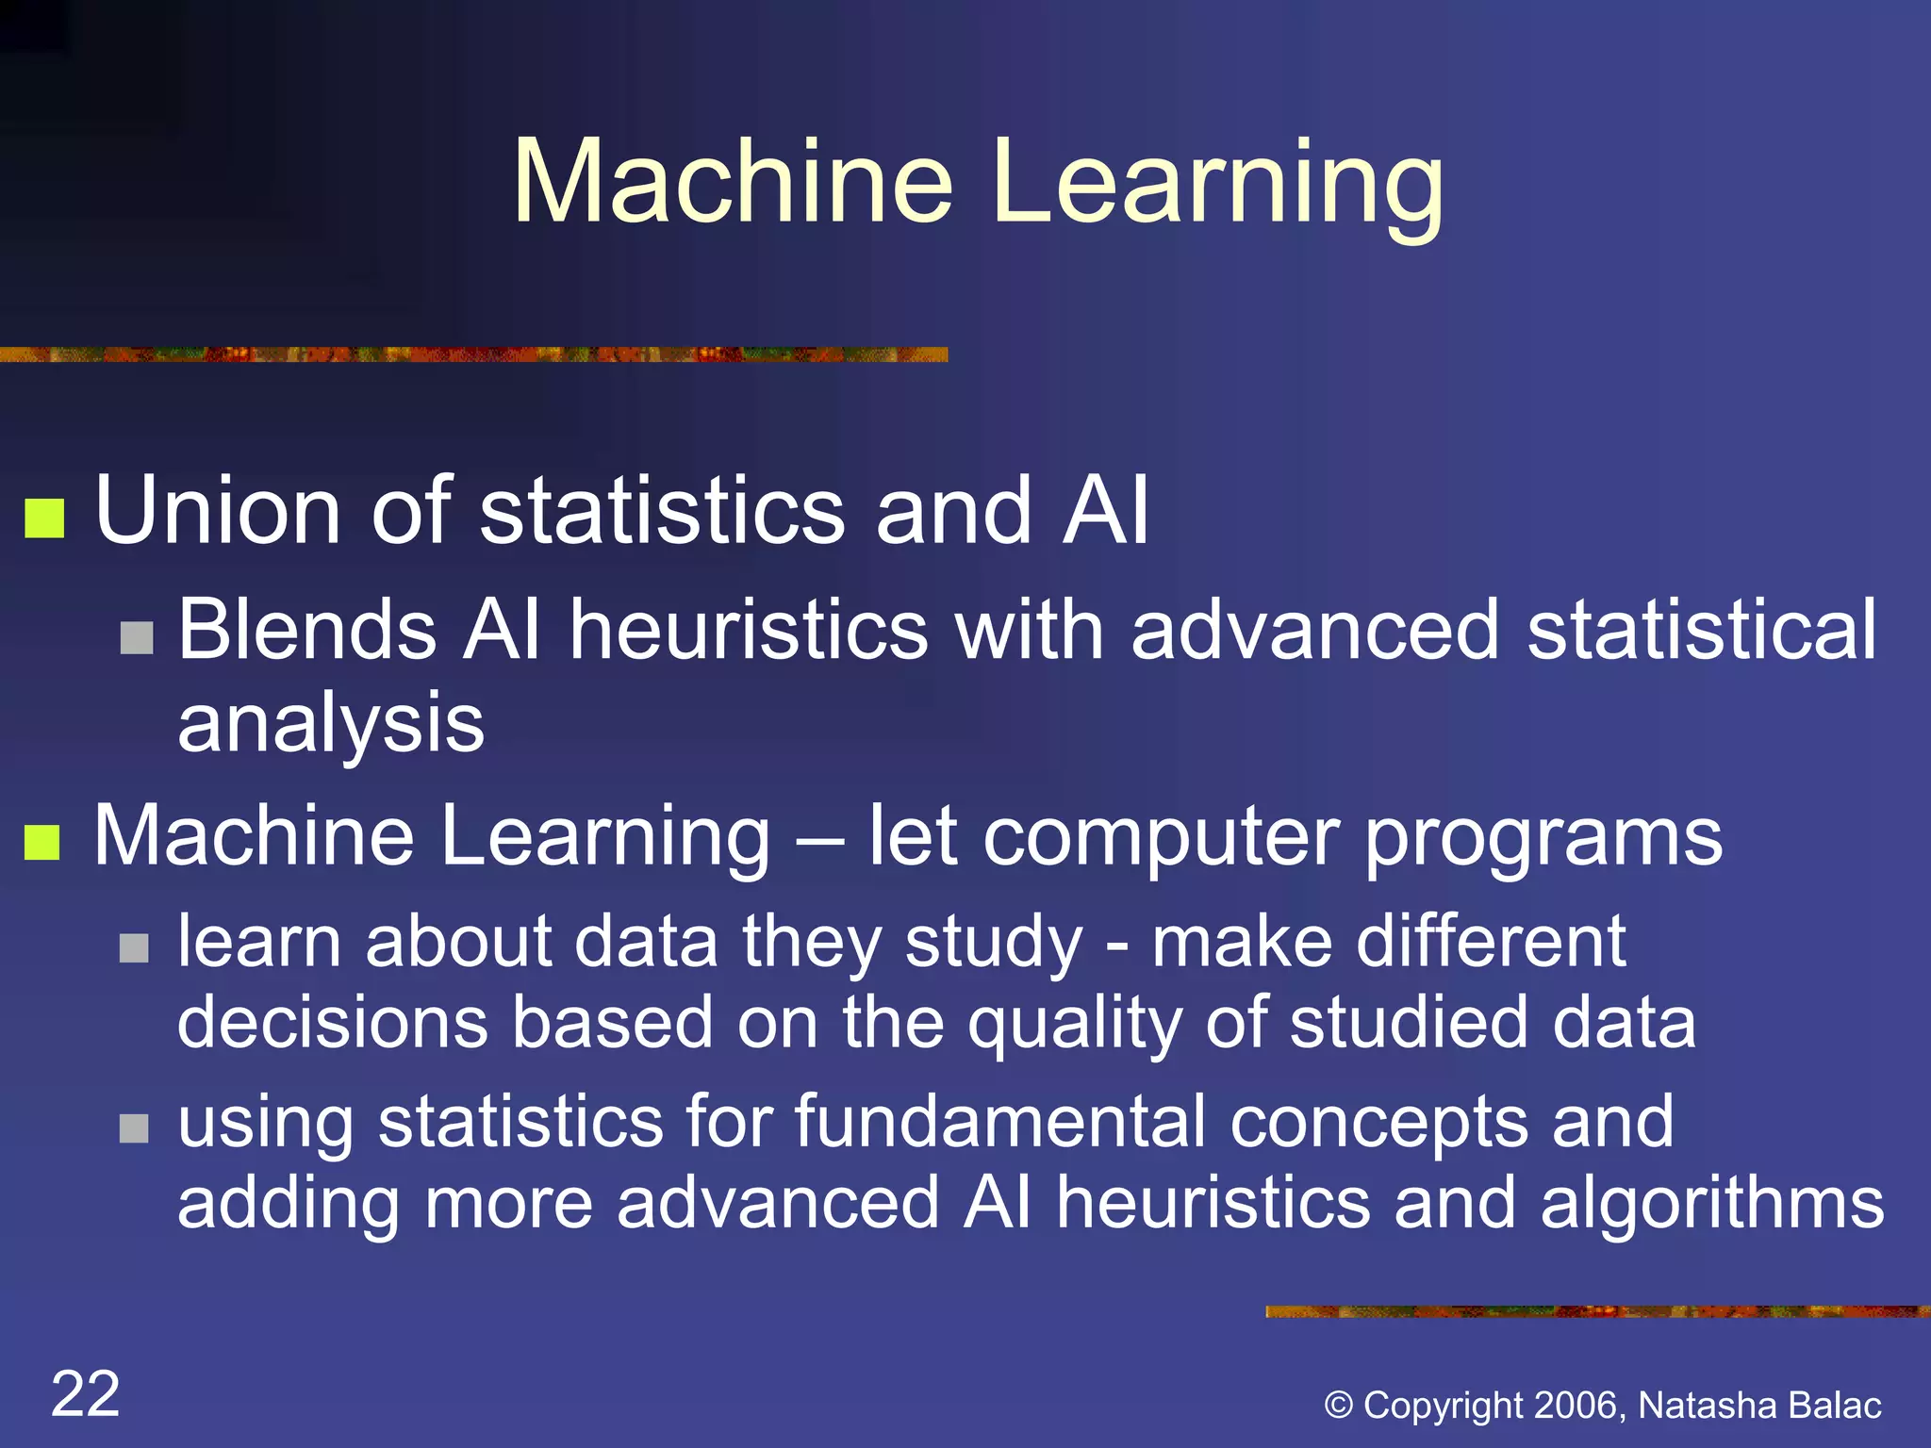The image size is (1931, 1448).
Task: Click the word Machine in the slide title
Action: pos(733,181)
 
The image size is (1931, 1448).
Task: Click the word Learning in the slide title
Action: pos(1217,181)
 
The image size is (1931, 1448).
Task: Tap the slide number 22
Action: pos(86,1393)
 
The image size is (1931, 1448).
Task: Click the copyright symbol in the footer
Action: pos(1338,1406)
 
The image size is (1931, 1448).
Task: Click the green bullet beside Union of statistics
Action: pos(44,518)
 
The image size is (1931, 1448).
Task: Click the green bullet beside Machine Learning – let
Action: pos(42,842)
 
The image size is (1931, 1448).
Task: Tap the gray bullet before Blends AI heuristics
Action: pos(137,638)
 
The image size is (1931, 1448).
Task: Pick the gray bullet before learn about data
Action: pos(135,947)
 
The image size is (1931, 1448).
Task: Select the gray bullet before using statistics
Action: pos(135,1127)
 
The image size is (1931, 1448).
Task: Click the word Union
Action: pos(218,511)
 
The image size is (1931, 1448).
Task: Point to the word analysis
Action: pos(331,724)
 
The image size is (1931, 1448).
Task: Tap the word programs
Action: pos(1543,837)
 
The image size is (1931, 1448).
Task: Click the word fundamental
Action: pos(999,1121)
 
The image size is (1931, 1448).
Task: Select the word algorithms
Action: pos(1711,1204)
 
